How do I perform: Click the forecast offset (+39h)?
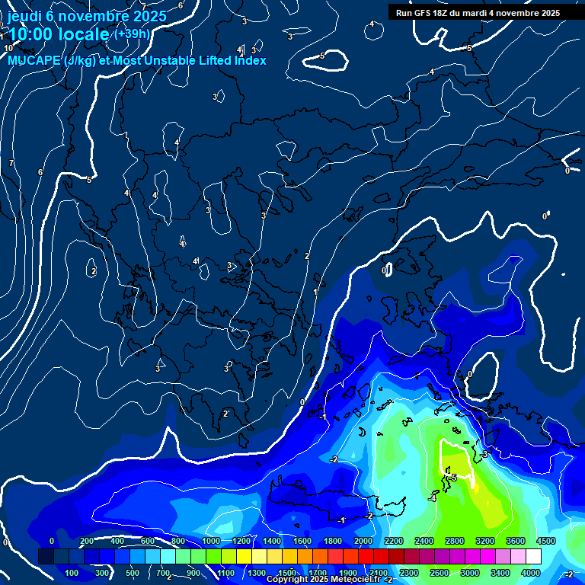[132, 34]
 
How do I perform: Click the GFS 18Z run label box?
[478, 12]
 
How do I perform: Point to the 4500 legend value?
[546, 541]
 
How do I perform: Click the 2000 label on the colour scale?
[363, 541]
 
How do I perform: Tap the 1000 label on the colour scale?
[211, 541]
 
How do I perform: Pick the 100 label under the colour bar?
[72, 573]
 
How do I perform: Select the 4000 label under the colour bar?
[531, 573]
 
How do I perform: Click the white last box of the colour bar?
[555, 557]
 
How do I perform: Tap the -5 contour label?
[453, 478]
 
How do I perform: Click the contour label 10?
[8, 48]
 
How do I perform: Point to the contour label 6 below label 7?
[40, 172]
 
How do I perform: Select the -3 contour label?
[484, 454]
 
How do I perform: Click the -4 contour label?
[432, 499]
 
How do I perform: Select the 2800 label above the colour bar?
[455, 541]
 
